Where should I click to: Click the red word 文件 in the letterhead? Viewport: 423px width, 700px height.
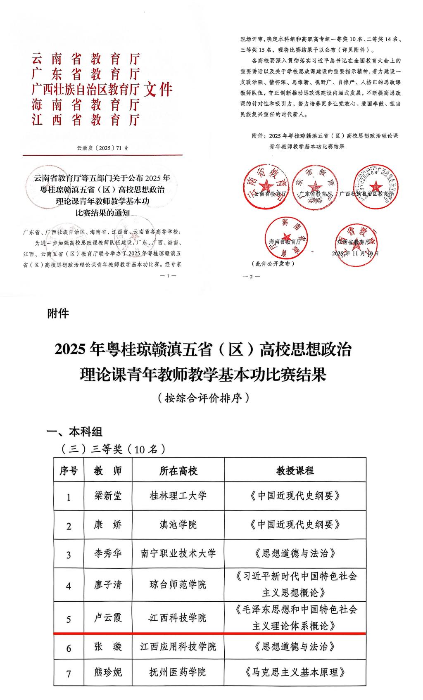[157, 89]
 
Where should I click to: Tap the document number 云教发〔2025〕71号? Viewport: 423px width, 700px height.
[102, 147]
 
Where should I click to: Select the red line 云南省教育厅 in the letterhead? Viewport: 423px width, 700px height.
[86, 59]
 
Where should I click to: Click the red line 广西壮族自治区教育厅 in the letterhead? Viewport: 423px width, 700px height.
[86, 89]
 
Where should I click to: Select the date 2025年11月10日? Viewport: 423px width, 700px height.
[355, 253]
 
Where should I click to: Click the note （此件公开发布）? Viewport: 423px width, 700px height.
[273, 263]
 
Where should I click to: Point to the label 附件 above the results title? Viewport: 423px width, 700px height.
[58, 314]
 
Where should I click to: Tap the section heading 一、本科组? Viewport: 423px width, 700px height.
[74, 432]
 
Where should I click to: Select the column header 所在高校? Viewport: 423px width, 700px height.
[178, 470]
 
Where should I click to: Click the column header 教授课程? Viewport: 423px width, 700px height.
[295, 470]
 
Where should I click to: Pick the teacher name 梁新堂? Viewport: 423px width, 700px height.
[108, 496]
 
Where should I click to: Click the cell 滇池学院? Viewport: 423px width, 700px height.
[178, 524]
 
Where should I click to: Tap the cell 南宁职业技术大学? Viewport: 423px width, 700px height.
[178, 553]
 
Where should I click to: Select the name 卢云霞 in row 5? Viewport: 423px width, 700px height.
[108, 618]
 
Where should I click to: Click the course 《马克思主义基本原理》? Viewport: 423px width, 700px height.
[295, 672]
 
